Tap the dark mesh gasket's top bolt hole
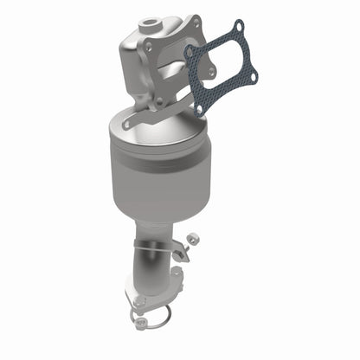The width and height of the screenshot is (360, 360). (x=235, y=33)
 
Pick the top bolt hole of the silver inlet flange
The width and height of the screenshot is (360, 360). (x=197, y=21)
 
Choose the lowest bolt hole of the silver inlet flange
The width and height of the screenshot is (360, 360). (x=158, y=102)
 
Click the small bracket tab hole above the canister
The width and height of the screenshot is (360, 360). (x=127, y=124)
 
